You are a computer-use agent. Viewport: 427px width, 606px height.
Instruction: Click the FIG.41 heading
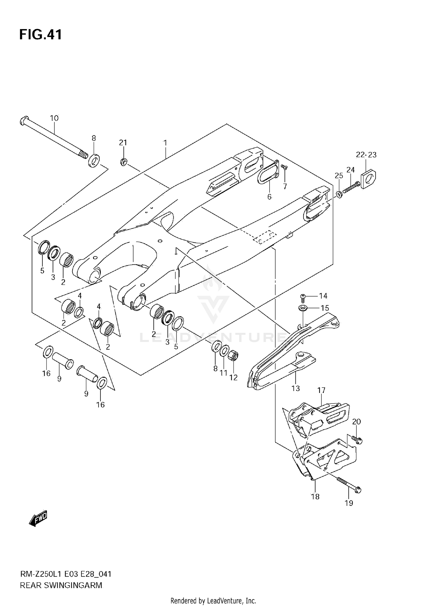pyautogui.click(x=40, y=35)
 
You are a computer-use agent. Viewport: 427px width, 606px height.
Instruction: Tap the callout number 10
pyautogui.click(x=54, y=118)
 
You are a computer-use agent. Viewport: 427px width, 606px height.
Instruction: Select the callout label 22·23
pyautogui.click(x=366, y=155)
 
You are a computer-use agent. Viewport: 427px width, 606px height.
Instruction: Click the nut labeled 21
pyautogui.click(x=123, y=162)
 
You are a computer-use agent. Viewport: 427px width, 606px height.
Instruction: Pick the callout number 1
pyautogui.click(x=165, y=143)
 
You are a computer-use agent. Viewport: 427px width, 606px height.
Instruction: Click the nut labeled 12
pyautogui.click(x=233, y=356)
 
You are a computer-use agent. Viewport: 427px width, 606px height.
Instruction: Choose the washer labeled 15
pyautogui.click(x=303, y=308)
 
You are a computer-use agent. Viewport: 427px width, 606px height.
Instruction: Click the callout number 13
pyautogui.click(x=296, y=388)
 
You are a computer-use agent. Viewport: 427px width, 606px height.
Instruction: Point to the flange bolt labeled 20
pyautogui.click(x=357, y=439)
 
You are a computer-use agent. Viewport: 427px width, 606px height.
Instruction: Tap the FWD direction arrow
pyautogui.click(x=38, y=517)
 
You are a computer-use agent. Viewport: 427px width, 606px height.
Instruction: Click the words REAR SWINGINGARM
pyautogui.click(x=61, y=585)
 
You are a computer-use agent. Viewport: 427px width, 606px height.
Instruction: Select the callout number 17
pyautogui.click(x=321, y=390)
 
